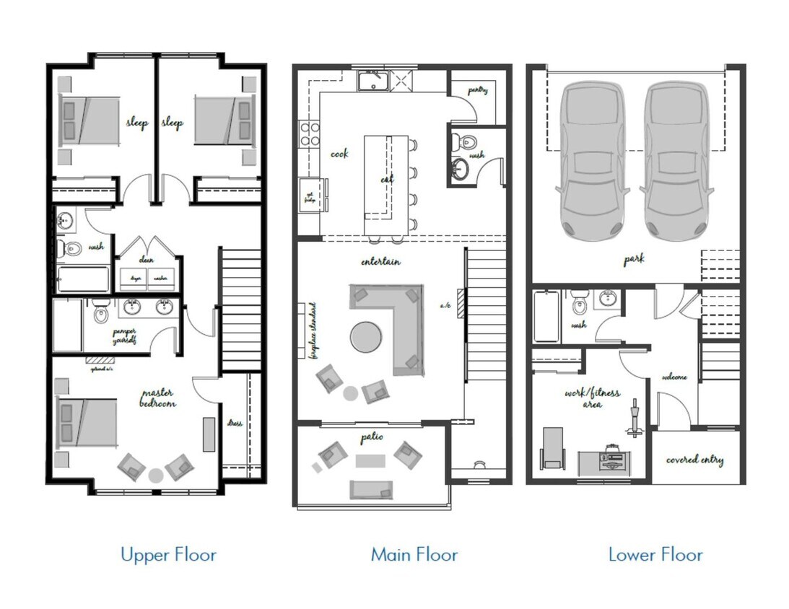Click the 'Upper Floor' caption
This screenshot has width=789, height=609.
168,555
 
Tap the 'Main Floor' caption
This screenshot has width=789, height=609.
414,555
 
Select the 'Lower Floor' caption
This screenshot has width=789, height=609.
655,555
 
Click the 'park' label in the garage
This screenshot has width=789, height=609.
635,259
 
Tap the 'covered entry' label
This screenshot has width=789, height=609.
694,460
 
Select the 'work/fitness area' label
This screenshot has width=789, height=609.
592,399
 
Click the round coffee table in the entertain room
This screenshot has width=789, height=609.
367,336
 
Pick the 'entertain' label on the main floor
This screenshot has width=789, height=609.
381,261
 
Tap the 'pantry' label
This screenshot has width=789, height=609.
477,91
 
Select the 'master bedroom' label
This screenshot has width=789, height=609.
158,398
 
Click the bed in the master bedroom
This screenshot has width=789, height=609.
87,422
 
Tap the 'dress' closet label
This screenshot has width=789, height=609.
235,423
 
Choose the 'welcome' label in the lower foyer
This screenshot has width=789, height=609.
674,377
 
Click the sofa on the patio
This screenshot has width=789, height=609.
371,489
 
